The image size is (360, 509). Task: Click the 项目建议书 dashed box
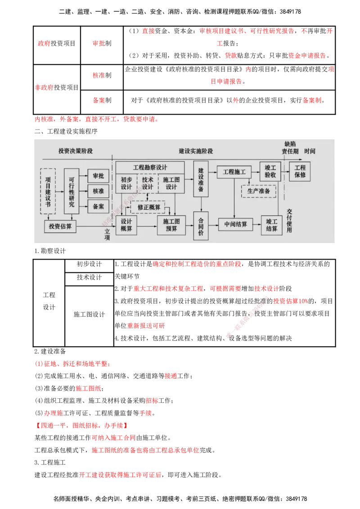tap(48, 191)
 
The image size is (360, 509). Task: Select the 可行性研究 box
tap(72, 191)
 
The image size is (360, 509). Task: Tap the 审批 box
tap(98, 176)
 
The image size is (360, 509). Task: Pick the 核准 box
tap(98, 191)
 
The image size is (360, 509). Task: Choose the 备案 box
tap(98, 206)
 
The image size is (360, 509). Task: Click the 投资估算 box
tap(60, 226)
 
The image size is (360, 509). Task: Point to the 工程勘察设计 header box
tap(150, 167)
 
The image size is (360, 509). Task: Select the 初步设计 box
tap(126, 183)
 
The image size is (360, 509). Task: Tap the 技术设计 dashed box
tap(148, 183)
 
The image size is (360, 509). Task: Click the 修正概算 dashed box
tap(148, 207)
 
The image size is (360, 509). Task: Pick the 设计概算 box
tap(126, 225)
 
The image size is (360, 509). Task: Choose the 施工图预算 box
tap(171, 225)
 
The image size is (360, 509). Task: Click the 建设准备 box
tap(201, 179)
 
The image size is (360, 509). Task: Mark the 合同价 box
tap(201, 226)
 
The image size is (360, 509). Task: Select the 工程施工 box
tap(234, 172)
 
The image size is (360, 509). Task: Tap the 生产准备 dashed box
tap(258, 191)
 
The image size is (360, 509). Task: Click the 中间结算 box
tap(235, 224)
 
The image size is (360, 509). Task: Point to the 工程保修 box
tap(300, 171)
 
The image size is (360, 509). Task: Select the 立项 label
tap(107, 234)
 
